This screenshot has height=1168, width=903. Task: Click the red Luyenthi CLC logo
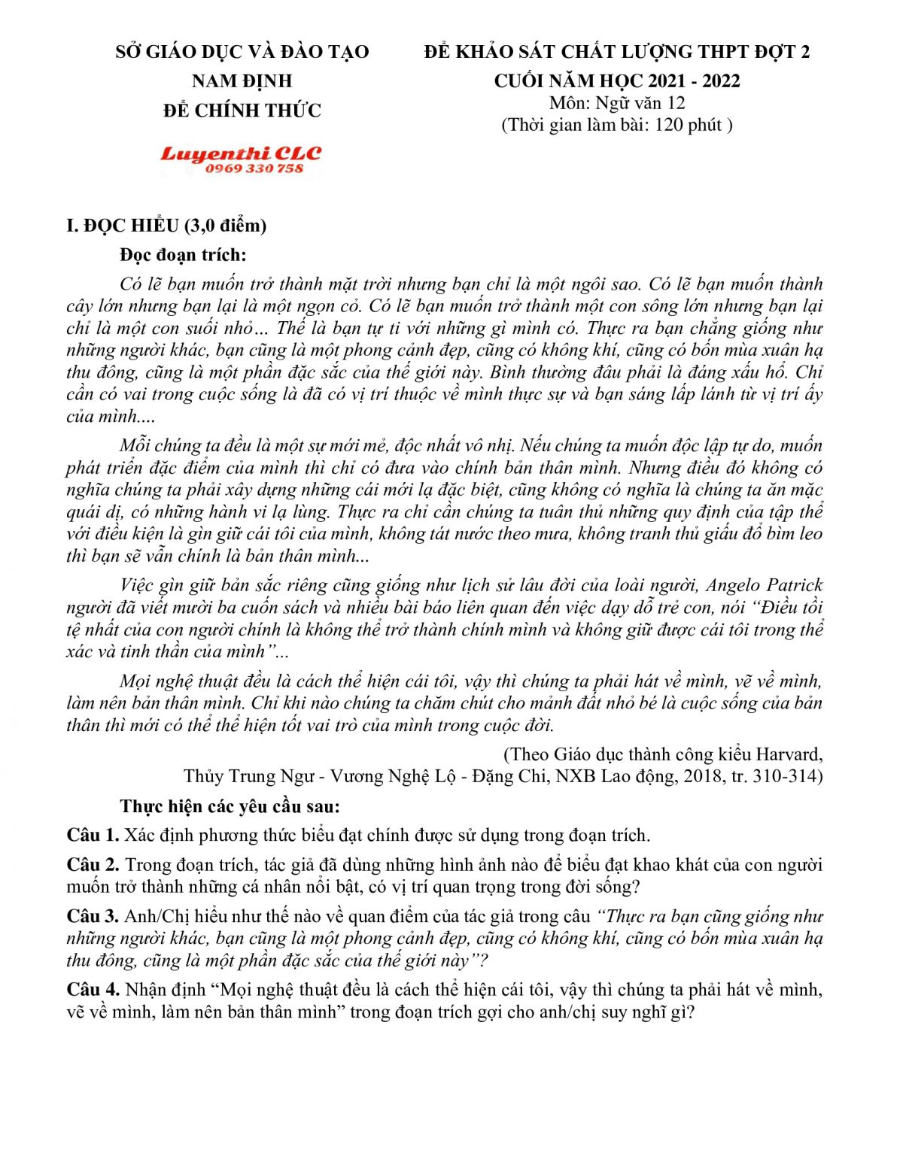point(240,153)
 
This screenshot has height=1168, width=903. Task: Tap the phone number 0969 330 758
point(254,169)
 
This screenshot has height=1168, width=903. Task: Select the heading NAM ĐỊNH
point(242,81)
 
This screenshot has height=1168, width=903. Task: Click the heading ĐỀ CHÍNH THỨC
point(242,111)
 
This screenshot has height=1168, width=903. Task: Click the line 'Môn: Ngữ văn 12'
point(617,103)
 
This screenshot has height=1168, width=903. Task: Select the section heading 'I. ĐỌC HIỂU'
point(123,226)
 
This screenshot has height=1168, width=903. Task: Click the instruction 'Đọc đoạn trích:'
point(183,255)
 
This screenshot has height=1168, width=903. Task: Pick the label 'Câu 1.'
point(93,836)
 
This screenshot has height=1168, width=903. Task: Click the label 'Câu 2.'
point(93,865)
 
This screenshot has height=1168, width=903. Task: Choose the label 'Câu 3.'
point(93,917)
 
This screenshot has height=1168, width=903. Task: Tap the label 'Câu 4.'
point(93,990)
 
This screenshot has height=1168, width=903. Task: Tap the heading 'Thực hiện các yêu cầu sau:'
point(230,806)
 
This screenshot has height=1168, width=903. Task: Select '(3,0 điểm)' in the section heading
point(226,226)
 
